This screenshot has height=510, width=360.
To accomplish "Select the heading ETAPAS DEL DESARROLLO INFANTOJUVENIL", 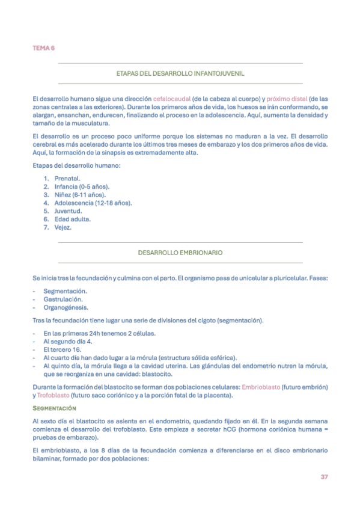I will (x=180, y=73).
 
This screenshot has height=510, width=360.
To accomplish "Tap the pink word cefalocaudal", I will (x=172, y=99).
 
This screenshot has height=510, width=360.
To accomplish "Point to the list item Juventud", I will (x=67, y=211).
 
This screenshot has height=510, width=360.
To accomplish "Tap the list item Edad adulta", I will (x=72, y=220).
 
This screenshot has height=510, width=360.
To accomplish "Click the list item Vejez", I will (x=63, y=227).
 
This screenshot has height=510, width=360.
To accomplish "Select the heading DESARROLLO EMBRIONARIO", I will (x=180, y=253).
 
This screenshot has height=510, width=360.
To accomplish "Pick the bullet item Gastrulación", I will (x=64, y=299).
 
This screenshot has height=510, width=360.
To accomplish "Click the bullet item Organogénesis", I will (x=66, y=307).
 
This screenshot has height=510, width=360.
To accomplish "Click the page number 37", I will (x=323, y=476).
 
